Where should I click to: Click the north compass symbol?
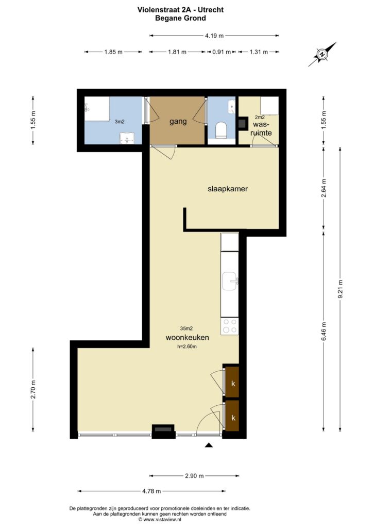[322, 54]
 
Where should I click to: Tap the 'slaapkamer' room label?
[228, 189]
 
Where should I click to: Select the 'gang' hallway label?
[178, 122]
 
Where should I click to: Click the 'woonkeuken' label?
[188, 337]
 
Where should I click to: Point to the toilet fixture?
[221, 130]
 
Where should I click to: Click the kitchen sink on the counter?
[230, 282]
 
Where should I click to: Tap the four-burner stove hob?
[230, 326]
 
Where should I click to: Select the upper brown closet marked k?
[232, 382]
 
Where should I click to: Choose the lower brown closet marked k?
[232, 416]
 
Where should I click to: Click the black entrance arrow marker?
[209, 445]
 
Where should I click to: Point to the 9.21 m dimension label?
[341, 289]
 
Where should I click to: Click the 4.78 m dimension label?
[151, 491]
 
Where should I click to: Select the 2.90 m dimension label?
[194, 476]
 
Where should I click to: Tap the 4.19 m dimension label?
[214, 36]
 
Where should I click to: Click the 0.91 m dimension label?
[222, 52]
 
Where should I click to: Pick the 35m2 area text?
[186, 328]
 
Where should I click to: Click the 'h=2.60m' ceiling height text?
[187, 346]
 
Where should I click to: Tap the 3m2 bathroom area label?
[120, 122]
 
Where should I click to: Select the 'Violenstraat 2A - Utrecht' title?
[181, 10]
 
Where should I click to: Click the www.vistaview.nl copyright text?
[160, 520]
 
